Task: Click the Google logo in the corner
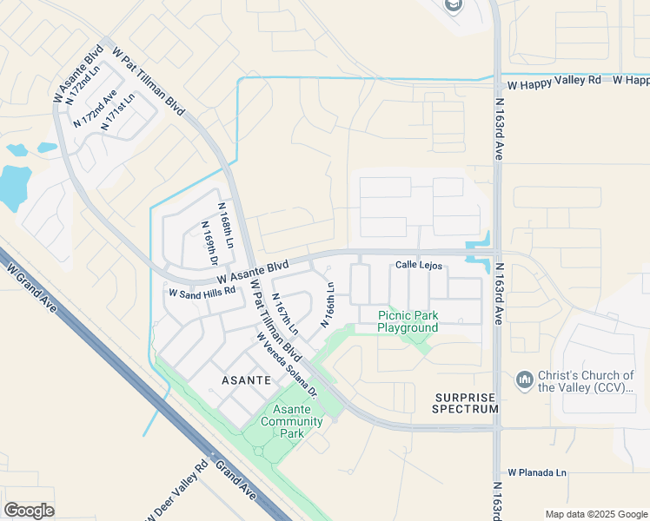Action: [30, 511]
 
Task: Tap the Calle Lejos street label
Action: [419, 266]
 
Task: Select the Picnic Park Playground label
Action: [408, 321]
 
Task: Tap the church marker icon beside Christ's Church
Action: [524, 380]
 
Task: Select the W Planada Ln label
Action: [537, 473]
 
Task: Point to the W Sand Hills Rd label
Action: [202, 293]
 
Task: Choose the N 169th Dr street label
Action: [209, 244]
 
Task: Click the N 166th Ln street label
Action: [328, 304]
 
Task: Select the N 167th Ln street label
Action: [285, 314]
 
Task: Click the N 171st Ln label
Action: [117, 112]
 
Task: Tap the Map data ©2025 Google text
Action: [594, 514]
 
